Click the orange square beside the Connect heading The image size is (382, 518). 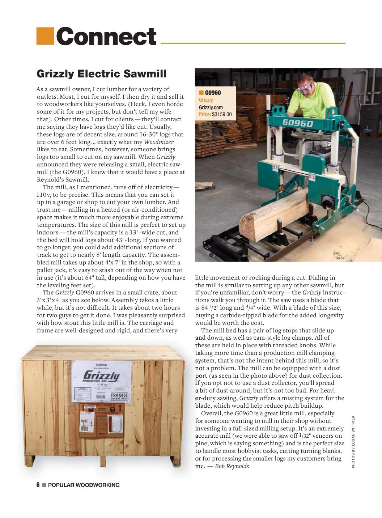pos(45,36)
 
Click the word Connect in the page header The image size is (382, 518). pos(106,37)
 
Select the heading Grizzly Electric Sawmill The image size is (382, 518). pos(102,74)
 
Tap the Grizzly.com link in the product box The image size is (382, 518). pos(211,107)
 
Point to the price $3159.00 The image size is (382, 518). pos(221,115)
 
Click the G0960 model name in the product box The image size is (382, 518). pos(213,93)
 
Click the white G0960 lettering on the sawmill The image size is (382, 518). pos(298,123)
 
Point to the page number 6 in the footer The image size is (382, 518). pos(38,485)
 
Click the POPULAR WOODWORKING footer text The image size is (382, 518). pos(84,485)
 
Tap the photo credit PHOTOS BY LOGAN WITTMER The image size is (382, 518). pos(353,442)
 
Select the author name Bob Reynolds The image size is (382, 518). pos(232,466)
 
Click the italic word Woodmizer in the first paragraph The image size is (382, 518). pos(159,142)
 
